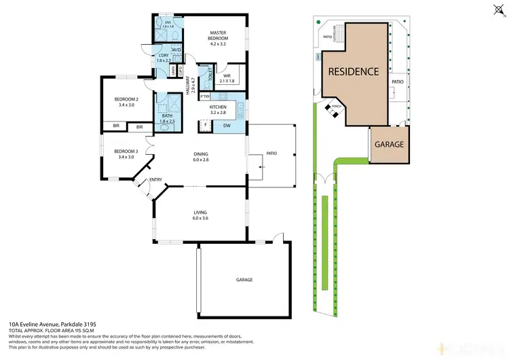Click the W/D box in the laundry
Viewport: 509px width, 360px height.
pyautogui.click(x=176, y=50)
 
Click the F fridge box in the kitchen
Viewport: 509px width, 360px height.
pyautogui.click(x=205, y=124)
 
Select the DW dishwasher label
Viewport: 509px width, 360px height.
pyautogui.click(x=227, y=125)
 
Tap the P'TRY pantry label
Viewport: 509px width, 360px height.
pyautogui.click(x=205, y=97)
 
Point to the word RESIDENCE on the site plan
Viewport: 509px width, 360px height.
pyautogui.click(x=354, y=71)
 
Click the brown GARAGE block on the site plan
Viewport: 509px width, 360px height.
pyautogui.click(x=390, y=145)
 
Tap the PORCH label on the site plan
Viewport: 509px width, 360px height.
pyautogui.click(x=336, y=106)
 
